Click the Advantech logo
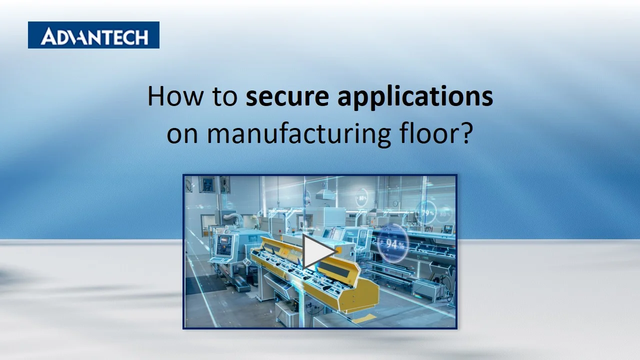point(93,35)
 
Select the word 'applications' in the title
point(415,97)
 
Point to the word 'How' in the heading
point(167,96)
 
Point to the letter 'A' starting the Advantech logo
point(49,36)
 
